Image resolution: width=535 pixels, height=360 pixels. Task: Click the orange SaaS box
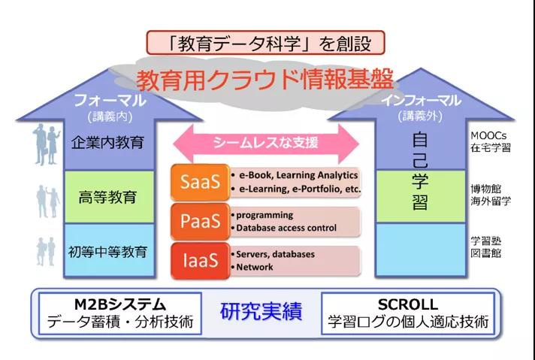tap(201, 182)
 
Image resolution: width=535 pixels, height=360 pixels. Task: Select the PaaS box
tap(201, 222)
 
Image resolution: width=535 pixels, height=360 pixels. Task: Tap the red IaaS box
tap(201, 261)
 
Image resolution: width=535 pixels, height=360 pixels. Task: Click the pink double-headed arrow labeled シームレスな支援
tap(266, 144)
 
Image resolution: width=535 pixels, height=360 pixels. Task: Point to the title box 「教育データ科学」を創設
tap(265, 43)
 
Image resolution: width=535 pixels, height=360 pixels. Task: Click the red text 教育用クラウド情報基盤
tap(264, 81)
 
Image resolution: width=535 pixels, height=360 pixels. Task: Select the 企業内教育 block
tap(109, 144)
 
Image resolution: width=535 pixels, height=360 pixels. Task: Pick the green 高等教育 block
tap(109, 197)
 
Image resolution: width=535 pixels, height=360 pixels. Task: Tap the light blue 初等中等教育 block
tap(109, 251)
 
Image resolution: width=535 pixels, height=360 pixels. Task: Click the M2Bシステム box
tap(120, 313)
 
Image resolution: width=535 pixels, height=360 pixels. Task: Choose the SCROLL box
tap(408, 313)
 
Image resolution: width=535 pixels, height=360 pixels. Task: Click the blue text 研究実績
tap(261, 311)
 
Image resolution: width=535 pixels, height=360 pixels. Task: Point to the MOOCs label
tap(488, 135)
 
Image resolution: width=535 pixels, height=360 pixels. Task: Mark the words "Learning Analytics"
tap(317, 175)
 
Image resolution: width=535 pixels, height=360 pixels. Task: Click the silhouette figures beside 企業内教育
tap(47, 144)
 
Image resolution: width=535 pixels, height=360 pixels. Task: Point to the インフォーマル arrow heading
tap(420, 100)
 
